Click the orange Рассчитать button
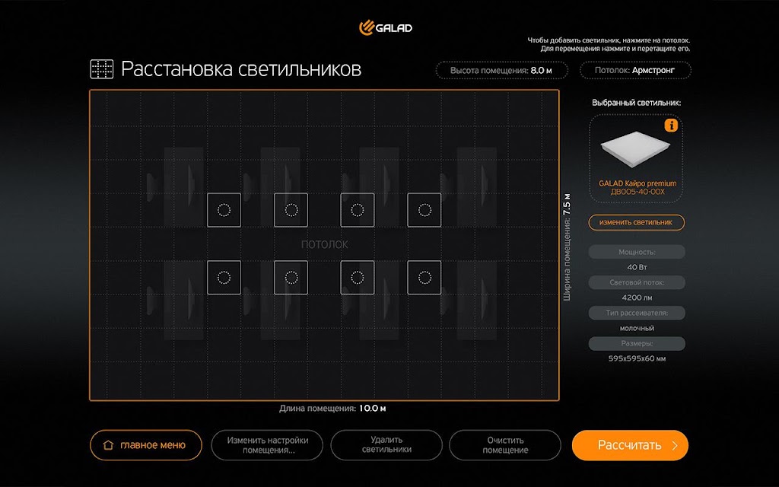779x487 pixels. coord(630,444)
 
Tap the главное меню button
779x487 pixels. coord(146,444)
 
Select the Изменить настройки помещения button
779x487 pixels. coord(267,444)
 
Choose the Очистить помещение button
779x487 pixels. coord(505,444)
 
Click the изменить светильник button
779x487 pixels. coord(637,222)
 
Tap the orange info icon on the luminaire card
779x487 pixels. coord(671,126)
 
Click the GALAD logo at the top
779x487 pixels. coord(386,28)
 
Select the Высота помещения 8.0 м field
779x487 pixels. coord(502,70)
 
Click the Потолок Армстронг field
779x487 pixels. coord(635,70)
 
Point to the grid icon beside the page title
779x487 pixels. coord(102,69)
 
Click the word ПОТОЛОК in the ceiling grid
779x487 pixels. coord(324,244)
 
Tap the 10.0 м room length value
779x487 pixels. coord(373,409)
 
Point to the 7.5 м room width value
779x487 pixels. coord(567,204)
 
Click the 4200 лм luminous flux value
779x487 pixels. coord(637,298)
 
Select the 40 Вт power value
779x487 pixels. coord(637,267)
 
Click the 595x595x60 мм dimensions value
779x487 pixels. coord(637,358)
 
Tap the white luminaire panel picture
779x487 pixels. coord(635,148)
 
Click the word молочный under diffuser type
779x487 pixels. coord(637,328)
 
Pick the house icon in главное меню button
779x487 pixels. coord(108,444)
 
